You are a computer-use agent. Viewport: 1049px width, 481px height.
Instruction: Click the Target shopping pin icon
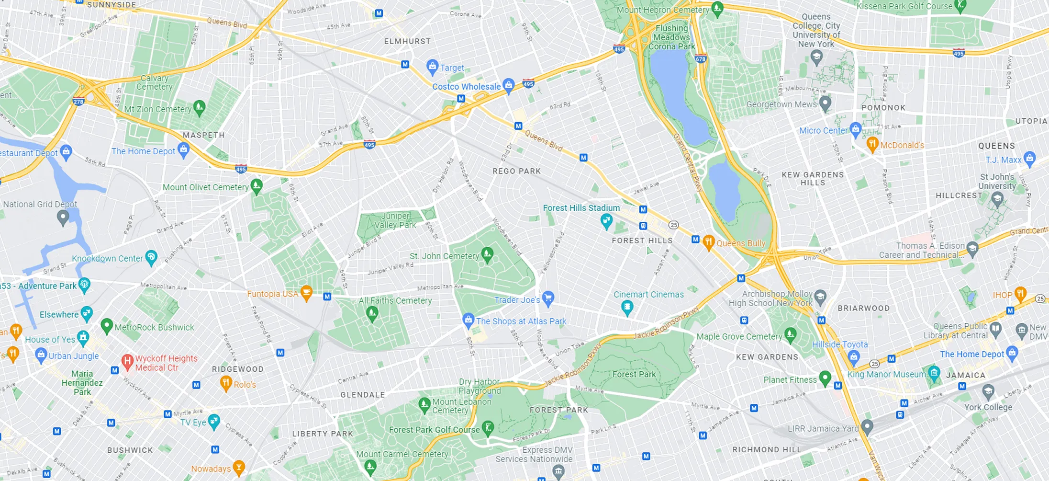point(432,66)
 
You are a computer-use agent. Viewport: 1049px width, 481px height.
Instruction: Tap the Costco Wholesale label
point(466,87)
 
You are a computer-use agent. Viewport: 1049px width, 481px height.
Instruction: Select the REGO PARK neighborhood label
point(516,171)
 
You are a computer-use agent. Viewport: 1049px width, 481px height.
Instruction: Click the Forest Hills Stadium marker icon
point(606,220)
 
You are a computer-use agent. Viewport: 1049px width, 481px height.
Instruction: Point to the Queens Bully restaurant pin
point(708,242)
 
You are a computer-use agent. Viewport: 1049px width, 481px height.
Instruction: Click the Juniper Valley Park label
point(395,220)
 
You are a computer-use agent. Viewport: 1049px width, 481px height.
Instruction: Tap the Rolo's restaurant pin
point(226,383)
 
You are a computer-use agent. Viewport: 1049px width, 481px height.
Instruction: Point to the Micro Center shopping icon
point(856,129)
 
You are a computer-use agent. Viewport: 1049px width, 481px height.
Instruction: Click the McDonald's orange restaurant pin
point(872,143)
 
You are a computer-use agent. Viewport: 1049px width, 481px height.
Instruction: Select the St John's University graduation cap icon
point(997,198)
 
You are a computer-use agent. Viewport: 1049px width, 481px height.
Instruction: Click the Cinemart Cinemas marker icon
point(627,307)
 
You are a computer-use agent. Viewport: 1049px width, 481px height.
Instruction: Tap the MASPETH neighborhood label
point(203,135)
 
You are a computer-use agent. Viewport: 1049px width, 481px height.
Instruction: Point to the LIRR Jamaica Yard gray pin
point(867,426)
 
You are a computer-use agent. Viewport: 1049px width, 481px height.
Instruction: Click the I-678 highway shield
point(701,59)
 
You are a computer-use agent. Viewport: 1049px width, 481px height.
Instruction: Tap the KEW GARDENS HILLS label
point(813,178)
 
